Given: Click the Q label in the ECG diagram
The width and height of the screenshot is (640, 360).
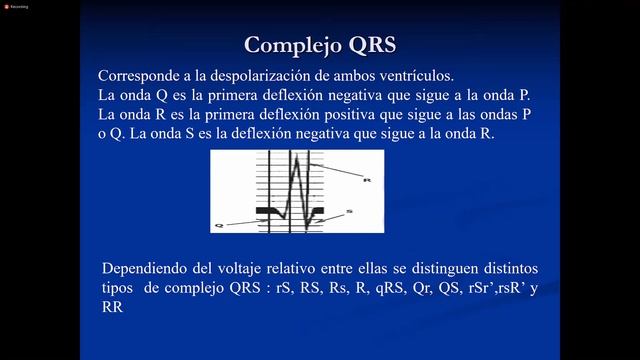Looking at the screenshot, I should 218,226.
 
